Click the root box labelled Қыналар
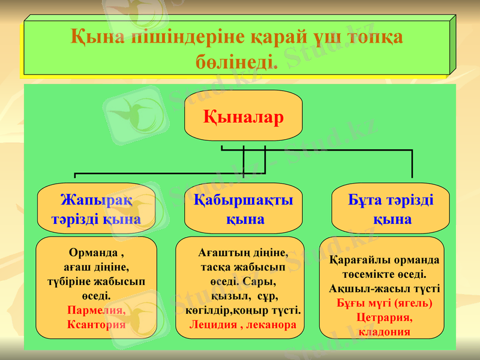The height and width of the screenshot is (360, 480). (243, 115)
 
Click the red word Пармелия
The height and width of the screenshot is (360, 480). (97, 311)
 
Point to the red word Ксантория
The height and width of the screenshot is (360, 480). (97, 324)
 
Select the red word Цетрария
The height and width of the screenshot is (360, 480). (384, 317)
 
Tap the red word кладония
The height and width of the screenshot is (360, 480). (384, 331)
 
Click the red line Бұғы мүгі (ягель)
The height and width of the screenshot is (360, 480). (384, 302)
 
